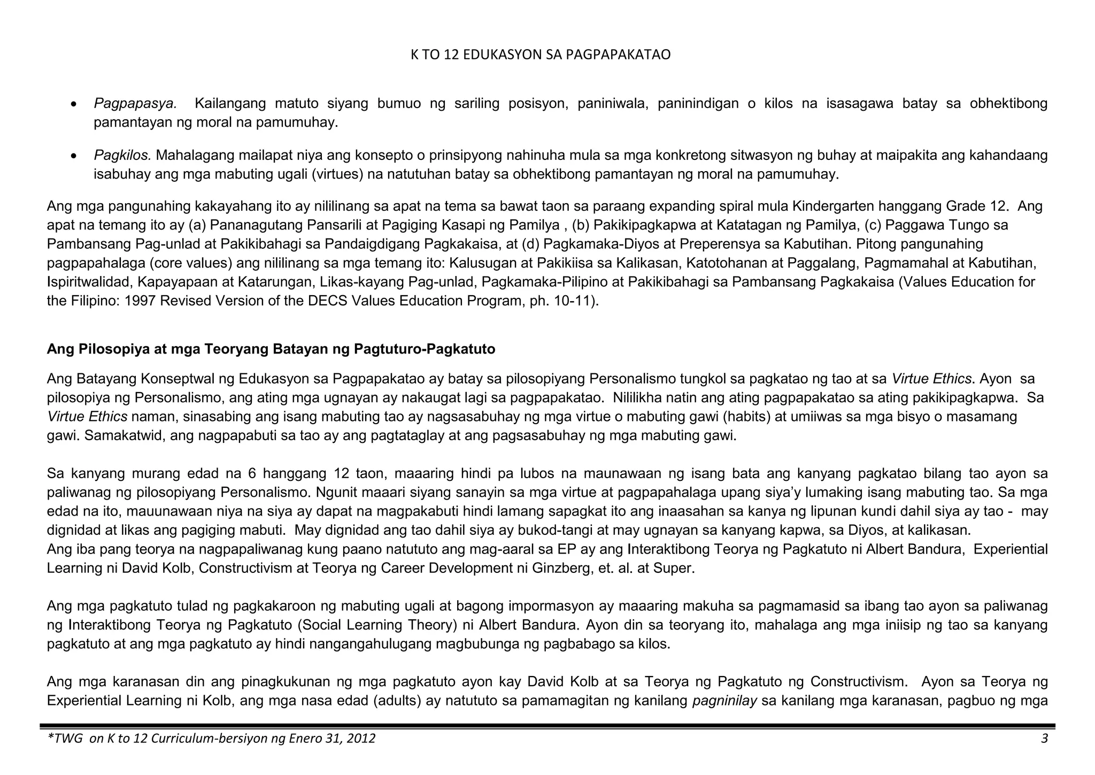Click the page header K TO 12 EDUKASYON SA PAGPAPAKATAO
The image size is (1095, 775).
tap(540, 55)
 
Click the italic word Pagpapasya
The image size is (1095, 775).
tap(135, 103)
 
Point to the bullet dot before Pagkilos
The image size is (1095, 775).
tap(75, 156)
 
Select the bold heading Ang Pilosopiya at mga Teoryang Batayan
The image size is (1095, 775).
tap(271, 349)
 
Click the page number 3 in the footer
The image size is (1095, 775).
tap(1044, 739)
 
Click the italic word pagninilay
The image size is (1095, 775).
tap(724, 701)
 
